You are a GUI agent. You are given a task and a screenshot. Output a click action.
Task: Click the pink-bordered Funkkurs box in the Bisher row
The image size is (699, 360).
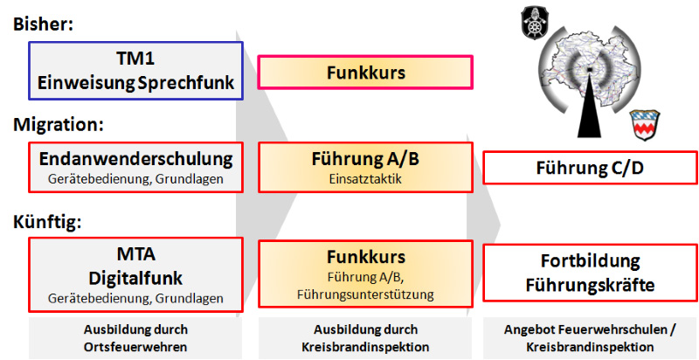[x=365, y=73]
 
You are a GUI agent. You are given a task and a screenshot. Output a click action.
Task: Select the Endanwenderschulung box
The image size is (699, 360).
[x=135, y=168]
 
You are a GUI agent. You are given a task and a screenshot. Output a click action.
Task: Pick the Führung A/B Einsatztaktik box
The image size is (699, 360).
[x=365, y=168]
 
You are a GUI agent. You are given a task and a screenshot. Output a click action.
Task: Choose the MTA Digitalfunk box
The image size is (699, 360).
[x=135, y=273]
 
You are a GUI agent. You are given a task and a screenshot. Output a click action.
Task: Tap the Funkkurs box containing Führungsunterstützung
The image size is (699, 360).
[x=365, y=273]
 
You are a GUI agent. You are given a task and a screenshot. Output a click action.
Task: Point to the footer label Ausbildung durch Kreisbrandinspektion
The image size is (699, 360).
[x=365, y=337]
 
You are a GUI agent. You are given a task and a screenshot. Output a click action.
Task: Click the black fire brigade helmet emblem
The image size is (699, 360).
[x=535, y=22]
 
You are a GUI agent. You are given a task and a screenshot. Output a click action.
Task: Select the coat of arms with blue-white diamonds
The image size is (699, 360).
[x=646, y=123]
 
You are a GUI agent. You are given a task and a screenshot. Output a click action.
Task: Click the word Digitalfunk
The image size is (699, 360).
[x=135, y=277]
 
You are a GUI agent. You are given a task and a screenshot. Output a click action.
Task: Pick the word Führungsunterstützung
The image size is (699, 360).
[x=365, y=294]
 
